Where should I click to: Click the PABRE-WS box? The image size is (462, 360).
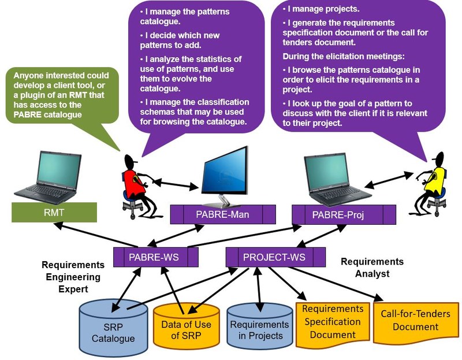pyautogui.click(x=155, y=255)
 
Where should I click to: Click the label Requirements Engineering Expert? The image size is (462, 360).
pyautogui.click(x=73, y=277)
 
